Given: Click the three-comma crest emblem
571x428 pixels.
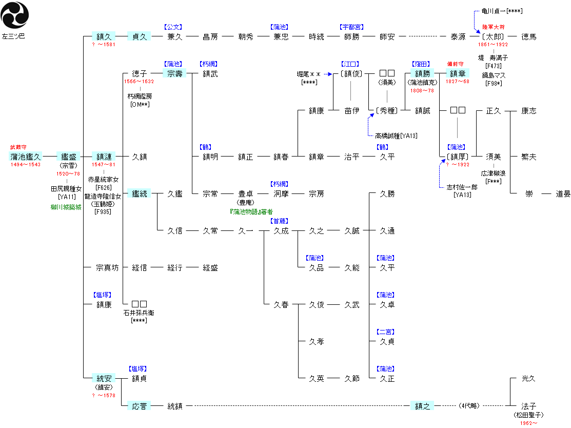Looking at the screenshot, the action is click(14, 15).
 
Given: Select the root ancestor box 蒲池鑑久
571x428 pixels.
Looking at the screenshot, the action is click(26, 157).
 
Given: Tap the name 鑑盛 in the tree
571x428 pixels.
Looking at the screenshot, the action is click(68, 157).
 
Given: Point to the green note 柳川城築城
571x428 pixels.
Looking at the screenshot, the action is click(66, 207).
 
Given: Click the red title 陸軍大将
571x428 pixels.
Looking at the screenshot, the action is click(494, 27).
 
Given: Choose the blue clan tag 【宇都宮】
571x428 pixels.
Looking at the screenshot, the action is click(351, 27).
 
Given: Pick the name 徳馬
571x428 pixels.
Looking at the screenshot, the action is click(529, 36).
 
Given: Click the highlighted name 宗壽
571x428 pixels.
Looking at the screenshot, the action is click(175, 73).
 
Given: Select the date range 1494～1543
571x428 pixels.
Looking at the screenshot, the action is click(26, 165).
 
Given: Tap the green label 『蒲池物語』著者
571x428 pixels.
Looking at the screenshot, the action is click(251, 211).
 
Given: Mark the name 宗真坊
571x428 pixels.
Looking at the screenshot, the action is click(107, 268).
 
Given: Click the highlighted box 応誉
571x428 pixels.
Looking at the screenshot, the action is click(139, 406).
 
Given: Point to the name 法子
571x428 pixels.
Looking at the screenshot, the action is click(529, 406).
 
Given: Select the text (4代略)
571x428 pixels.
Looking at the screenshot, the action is click(469, 406).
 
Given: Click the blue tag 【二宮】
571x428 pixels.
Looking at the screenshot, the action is click(385, 332).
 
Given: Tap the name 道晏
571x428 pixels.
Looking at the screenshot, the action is click(563, 194).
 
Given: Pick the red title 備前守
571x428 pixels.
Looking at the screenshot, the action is click(455, 64).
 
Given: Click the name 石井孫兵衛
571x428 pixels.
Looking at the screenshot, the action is click(139, 313).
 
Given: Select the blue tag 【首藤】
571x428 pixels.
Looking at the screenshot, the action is click(280, 221).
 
